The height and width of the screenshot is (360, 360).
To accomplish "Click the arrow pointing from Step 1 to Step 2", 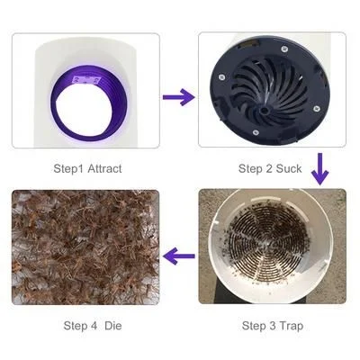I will coord(178,95).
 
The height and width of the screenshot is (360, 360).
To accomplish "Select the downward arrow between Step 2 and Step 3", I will coord(319,166).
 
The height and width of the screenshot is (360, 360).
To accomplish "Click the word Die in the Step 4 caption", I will coord(112,325).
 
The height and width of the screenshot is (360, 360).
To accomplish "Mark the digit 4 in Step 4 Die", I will coord(91,325).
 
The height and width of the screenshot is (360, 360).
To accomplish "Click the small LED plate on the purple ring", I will coord(88,79).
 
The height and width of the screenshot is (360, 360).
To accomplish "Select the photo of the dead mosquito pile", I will coord(85,247).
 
